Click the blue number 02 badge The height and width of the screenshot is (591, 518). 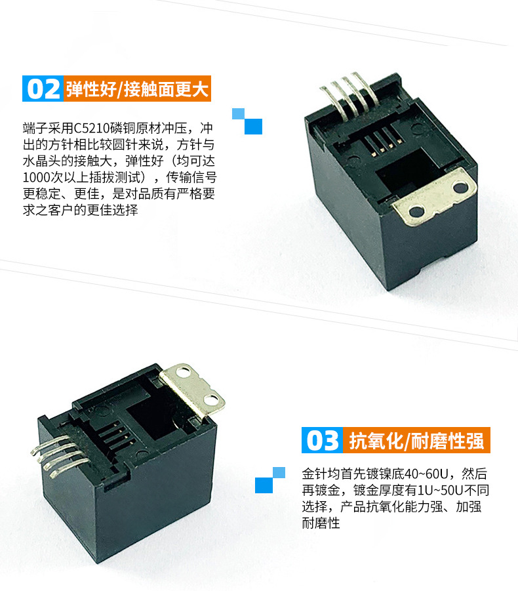pos(43,89)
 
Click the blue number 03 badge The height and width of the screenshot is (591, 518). pos(322,440)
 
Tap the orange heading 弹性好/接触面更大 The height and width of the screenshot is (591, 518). pos(137,89)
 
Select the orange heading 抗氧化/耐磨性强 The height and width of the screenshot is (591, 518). pos(416,440)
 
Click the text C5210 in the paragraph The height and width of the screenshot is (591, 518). pos(92,129)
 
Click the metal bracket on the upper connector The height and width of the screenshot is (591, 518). pos(434,197)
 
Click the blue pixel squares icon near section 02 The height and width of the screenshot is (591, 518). pos(247,121)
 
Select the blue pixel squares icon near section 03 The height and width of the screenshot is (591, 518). pos(270,480)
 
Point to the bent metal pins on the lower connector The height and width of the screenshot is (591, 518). pos(60,456)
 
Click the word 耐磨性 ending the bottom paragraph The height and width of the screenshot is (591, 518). pos(321,523)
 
